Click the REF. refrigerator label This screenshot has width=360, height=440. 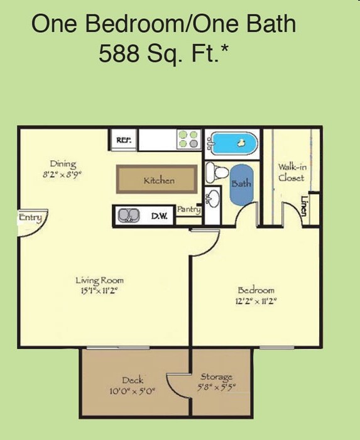tap(124, 140)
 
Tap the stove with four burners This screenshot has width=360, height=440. tap(188, 139)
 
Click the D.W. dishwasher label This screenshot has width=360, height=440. tap(158, 216)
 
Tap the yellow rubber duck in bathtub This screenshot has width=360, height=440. tap(240, 144)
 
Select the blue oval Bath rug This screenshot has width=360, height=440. tap(241, 184)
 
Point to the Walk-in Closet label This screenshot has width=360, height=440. tap(291, 172)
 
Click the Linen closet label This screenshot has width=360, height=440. tap(304, 206)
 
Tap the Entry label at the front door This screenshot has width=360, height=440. tap(30, 218)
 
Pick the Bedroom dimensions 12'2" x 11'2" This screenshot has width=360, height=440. tap(256, 300)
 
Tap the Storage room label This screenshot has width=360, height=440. tap(217, 377)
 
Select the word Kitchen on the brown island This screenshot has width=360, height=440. tap(159, 180)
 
